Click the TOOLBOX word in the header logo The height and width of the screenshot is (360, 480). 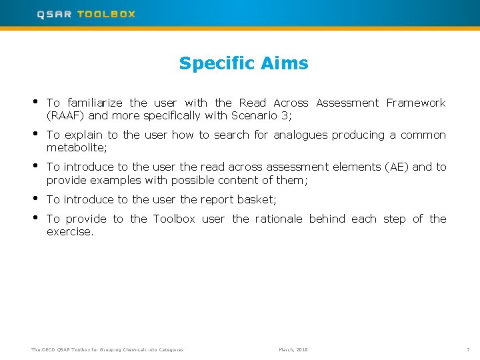point(106,14)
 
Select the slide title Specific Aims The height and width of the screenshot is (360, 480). point(243,63)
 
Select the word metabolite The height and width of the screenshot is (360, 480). point(75,147)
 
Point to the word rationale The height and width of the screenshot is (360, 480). point(279,219)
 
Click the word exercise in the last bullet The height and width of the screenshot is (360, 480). point(69,231)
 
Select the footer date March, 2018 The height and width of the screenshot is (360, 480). point(293,349)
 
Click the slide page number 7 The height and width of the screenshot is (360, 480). point(469,349)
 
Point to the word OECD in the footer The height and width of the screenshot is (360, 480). point(49,349)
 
